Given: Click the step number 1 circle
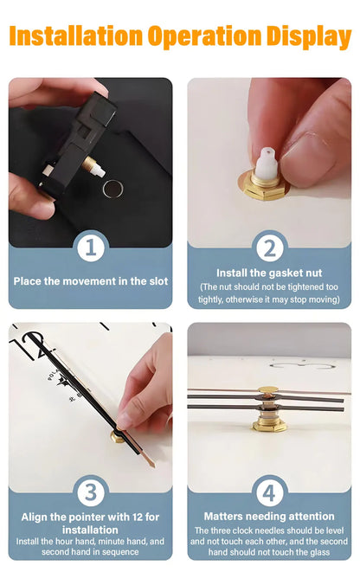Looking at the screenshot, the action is pyautogui.click(x=91, y=247).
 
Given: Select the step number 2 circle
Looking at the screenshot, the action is pyautogui.click(x=269, y=247).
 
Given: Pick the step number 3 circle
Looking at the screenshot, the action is pyautogui.click(x=91, y=492).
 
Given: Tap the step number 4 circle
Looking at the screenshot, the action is pyautogui.click(x=269, y=492).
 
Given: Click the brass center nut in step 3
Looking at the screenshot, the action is pyautogui.click(x=117, y=436).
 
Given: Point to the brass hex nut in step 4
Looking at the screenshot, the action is pyautogui.click(x=269, y=425).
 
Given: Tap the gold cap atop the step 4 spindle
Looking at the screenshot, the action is pyautogui.click(x=268, y=390).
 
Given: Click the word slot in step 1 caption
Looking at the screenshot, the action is pyautogui.click(x=158, y=281).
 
